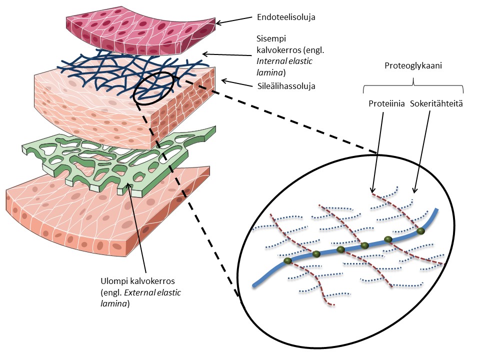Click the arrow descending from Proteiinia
(377, 150)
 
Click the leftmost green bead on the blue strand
(287, 261)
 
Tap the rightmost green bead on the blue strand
(421, 231)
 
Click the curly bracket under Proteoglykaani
(413, 85)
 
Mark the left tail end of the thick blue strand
(254, 285)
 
